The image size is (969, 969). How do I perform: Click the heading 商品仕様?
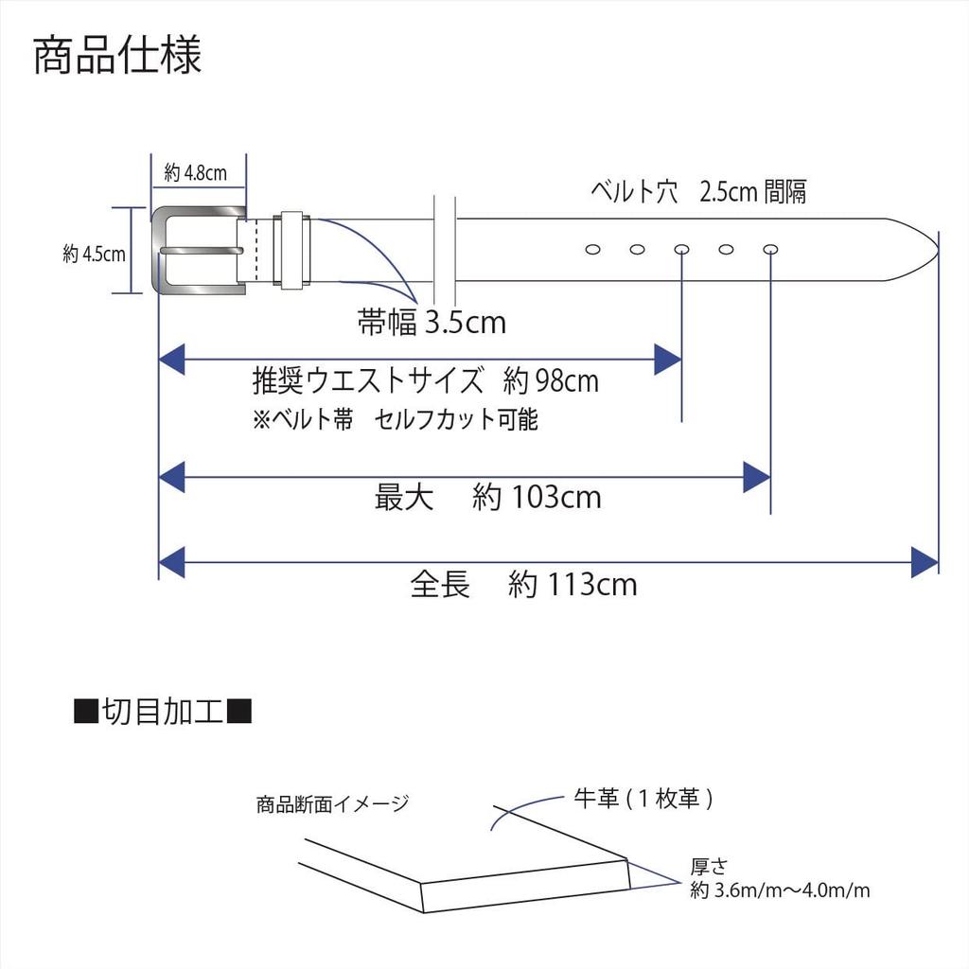[117, 56]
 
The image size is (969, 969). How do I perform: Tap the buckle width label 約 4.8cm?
[195, 173]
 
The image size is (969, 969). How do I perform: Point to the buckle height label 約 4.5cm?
[94, 254]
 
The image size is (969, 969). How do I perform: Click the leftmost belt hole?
[592, 250]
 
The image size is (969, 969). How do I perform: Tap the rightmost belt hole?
[770, 250]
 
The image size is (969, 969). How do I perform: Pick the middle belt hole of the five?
[681, 250]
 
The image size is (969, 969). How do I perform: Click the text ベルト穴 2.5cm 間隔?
[698, 191]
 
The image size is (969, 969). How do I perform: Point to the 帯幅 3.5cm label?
[432, 322]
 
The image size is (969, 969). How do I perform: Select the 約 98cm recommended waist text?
[551, 380]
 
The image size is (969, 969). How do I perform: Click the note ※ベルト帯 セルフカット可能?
[396, 419]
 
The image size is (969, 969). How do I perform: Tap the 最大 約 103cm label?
[487, 497]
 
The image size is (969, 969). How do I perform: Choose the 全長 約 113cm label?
[523, 584]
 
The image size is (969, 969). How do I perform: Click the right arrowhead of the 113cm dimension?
[925, 562]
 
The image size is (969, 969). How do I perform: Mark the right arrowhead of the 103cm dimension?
[757, 477]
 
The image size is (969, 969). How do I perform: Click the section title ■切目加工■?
[163, 712]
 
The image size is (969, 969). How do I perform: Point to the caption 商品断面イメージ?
[333, 803]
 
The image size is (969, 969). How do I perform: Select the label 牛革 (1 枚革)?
[643, 799]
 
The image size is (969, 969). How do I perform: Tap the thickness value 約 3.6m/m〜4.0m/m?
[780, 890]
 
